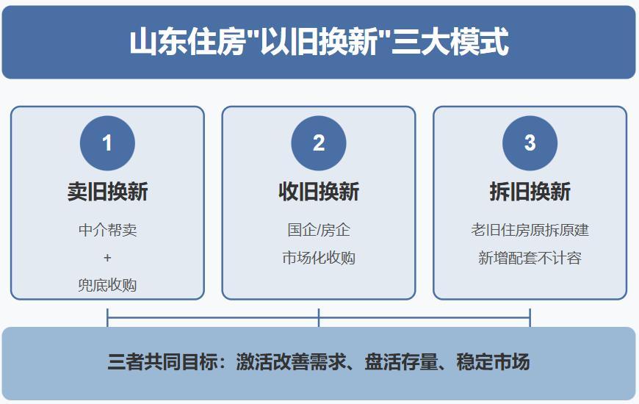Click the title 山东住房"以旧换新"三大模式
click(319, 42)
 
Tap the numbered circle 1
click(107, 143)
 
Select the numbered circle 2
click(319, 143)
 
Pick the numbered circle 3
click(530, 143)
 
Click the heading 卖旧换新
click(107, 192)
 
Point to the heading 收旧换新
click(319, 192)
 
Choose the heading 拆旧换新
click(530, 192)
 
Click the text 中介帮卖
click(107, 230)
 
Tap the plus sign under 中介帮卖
click(107, 258)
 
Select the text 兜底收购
click(107, 285)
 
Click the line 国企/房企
click(319, 230)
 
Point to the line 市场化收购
click(319, 258)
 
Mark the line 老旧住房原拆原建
click(530, 230)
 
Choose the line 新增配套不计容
click(530, 258)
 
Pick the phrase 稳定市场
click(493, 361)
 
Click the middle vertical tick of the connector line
click(319, 317)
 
